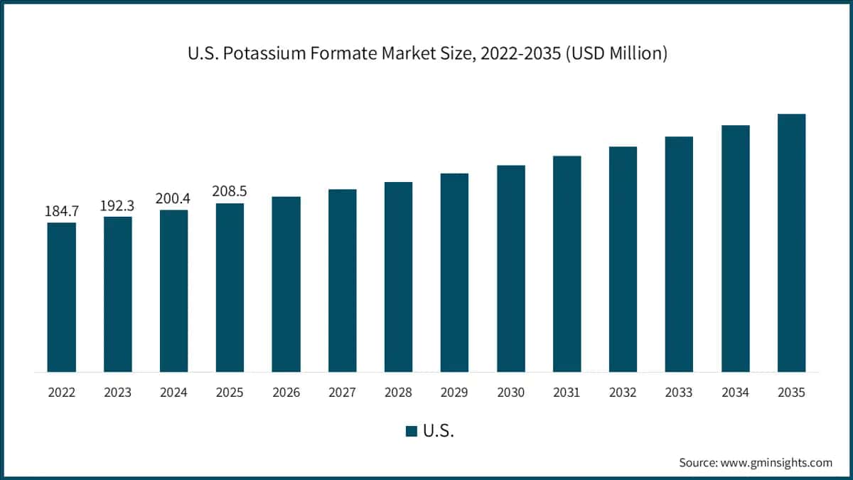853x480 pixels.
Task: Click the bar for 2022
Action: pos(61,297)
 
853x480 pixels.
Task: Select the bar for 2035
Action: pos(792,242)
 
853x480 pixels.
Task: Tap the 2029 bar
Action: pos(454,272)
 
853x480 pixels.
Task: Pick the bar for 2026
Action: pos(286,284)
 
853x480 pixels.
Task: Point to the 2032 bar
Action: pos(623,259)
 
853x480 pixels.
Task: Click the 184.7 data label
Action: pos(62,211)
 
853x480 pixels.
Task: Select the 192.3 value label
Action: pos(117,206)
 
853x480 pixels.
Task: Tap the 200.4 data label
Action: pos(173,198)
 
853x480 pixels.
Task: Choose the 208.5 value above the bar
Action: pos(230,191)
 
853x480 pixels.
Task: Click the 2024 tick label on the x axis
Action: pos(173,393)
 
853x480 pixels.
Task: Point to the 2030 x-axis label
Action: pos(510,393)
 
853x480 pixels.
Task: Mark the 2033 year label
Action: pos(679,393)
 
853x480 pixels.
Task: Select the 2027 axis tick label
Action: pos(343,393)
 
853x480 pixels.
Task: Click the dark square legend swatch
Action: pos(412,431)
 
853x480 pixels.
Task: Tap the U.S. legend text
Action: pos(439,431)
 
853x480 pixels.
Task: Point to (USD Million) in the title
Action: pos(616,53)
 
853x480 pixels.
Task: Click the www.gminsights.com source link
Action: pos(776,463)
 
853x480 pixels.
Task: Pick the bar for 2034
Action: pos(735,248)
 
